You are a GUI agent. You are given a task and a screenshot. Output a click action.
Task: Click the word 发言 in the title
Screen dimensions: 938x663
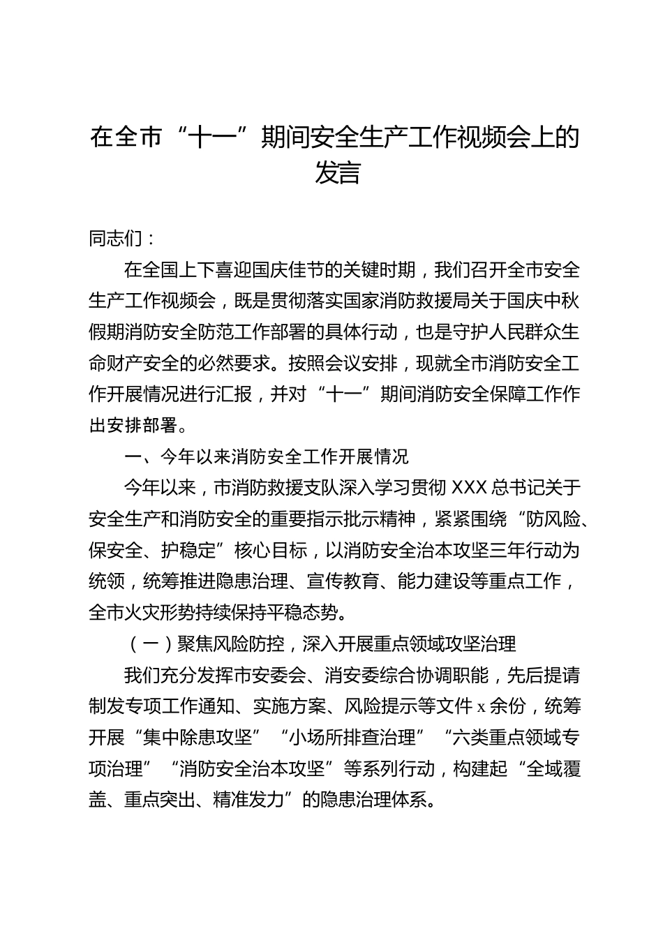point(337,173)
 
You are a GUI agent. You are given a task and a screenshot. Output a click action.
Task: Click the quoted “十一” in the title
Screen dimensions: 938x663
point(210,137)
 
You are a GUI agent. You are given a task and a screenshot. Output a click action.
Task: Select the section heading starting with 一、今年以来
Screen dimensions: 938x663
point(266,456)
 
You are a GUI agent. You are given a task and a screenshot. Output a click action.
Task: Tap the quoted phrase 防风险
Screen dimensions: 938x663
point(545,519)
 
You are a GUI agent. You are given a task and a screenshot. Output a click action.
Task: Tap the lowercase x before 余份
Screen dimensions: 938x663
point(481,707)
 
